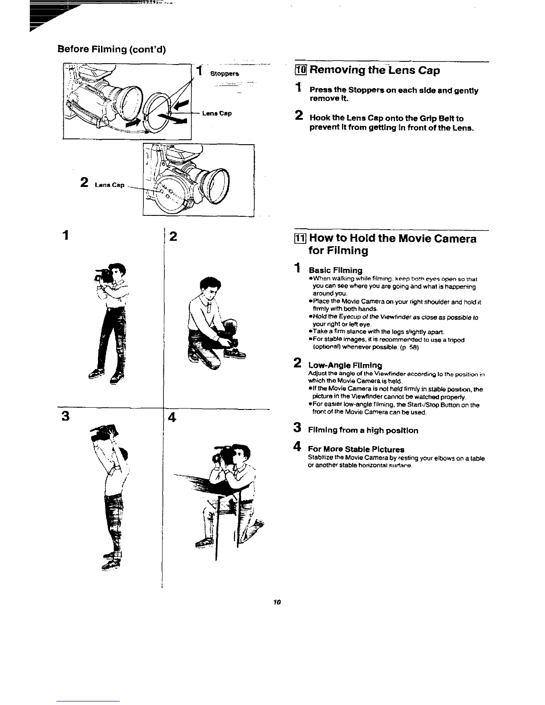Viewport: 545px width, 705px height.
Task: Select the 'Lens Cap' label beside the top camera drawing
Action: (216, 113)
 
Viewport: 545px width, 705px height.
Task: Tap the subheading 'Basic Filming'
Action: (335, 270)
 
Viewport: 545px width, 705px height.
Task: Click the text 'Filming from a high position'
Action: (363, 430)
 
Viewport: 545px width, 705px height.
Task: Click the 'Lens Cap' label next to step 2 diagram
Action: (106, 185)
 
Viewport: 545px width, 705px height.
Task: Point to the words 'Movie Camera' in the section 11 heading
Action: (427, 239)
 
